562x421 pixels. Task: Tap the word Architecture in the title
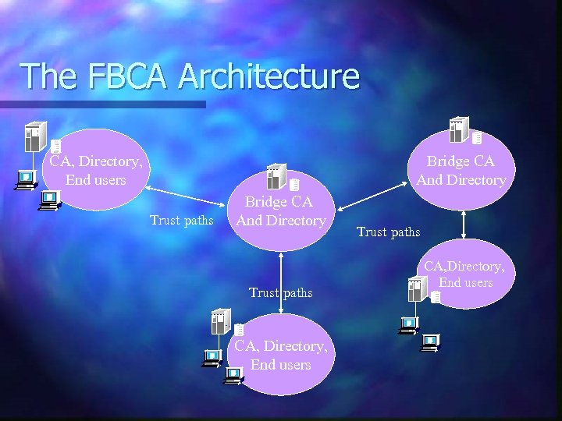pos(269,76)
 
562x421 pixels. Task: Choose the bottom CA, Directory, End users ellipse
pos(281,356)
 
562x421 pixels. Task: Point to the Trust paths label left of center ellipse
pos(181,221)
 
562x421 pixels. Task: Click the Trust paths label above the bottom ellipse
pos(280,292)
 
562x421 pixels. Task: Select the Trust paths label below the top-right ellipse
pos(388,232)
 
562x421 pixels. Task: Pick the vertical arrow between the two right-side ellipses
pos(464,224)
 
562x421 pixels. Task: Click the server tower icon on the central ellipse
pos(276,177)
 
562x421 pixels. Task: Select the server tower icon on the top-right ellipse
pos(458,129)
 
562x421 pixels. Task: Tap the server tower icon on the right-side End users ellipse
pos(418,289)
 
